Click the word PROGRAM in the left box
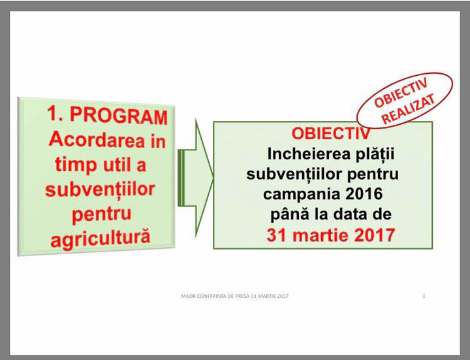(119, 116)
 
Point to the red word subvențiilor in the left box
(100, 189)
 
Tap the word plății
(375, 154)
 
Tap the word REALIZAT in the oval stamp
(409, 109)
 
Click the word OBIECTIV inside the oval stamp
(401, 93)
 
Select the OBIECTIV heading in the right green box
(331, 134)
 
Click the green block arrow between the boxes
(195, 178)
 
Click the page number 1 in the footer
(424, 296)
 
